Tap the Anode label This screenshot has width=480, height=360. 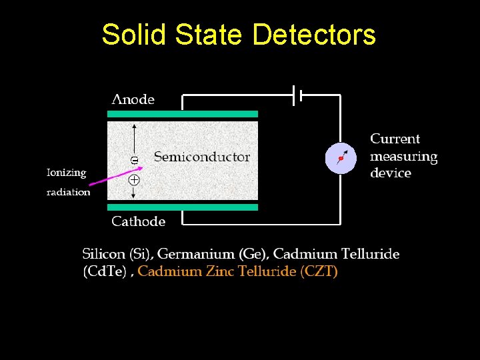(x=133, y=99)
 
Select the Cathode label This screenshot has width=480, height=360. (x=138, y=221)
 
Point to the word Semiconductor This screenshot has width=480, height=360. (x=202, y=157)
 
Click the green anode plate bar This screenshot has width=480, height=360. (x=183, y=114)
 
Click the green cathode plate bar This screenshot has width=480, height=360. (x=183, y=207)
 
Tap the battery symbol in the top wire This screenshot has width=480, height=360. (x=297, y=95)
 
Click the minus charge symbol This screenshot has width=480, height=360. (x=134, y=160)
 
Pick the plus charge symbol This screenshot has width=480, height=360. (x=134, y=180)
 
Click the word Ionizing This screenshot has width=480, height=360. (x=66, y=172)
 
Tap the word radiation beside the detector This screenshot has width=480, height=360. (x=68, y=192)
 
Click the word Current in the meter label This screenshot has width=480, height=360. (x=395, y=139)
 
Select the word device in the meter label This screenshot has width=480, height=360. (x=391, y=173)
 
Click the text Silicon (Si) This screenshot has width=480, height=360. (x=117, y=254)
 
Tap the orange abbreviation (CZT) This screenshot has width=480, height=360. (x=319, y=271)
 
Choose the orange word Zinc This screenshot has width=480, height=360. (x=220, y=271)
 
